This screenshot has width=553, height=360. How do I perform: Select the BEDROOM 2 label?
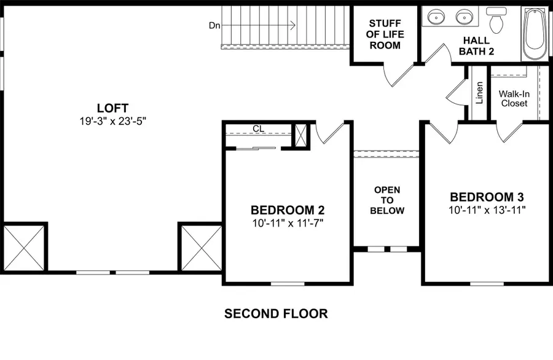tap(287, 209)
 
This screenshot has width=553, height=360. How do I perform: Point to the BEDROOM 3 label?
tap(487, 197)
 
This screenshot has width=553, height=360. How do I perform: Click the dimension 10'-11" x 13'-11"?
tap(487, 209)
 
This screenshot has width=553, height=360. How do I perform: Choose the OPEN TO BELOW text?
tap(387, 200)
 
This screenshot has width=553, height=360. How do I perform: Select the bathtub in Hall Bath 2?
tap(535, 34)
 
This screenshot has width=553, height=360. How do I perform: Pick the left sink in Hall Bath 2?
tap(437, 17)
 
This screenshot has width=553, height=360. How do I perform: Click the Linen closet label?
tap(479, 93)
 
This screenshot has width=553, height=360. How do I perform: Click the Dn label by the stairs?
tap(214, 25)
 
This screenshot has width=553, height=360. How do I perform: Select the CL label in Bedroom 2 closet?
tap(258, 128)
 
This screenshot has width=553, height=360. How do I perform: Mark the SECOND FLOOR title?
tap(276, 314)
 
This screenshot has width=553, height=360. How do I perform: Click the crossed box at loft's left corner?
tap(24, 248)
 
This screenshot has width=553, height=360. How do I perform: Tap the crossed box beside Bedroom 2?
tap(200, 248)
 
